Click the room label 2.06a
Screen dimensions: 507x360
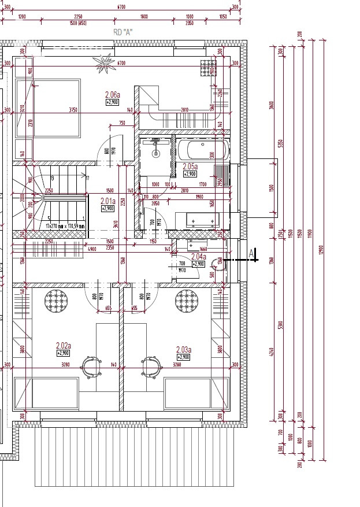(x=112, y=94)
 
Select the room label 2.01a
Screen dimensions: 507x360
(x=108, y=201)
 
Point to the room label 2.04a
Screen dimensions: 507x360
(x=198, y=256)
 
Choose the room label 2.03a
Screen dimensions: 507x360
(x=184, y=349)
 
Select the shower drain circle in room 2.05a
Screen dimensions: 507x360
(x=155, y=154)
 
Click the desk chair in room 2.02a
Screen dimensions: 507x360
(x=91, y=367)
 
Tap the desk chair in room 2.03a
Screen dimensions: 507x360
(x=150, y=367)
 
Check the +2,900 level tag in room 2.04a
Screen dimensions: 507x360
(x=198, y=264)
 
